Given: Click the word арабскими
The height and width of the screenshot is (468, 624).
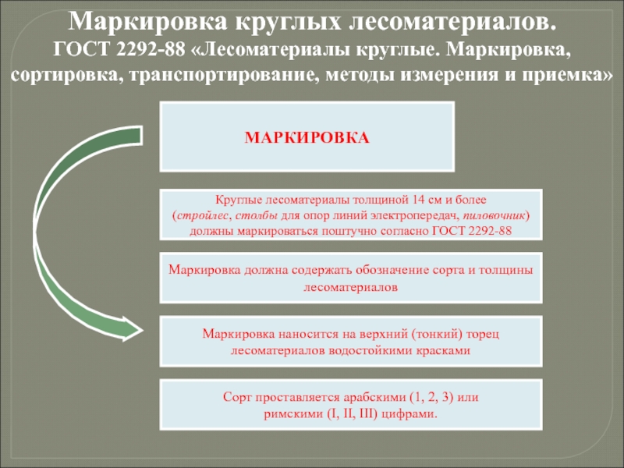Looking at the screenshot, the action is point(353,397).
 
